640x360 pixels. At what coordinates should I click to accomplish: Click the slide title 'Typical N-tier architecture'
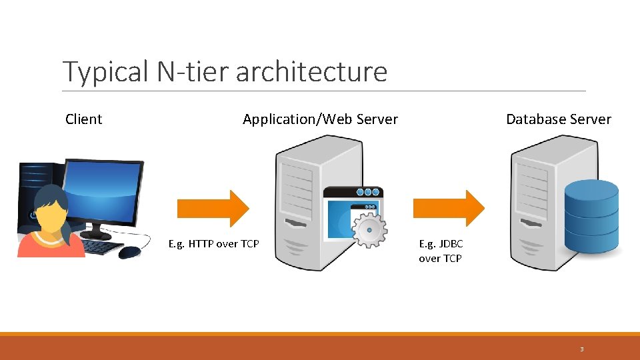(225, 71)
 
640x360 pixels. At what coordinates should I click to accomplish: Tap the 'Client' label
(84, 119)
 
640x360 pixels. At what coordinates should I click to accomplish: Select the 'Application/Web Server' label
(320, 119)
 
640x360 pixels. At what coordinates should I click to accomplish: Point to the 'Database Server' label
(558, 119)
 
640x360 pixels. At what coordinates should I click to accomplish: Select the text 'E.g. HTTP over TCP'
(213, 244)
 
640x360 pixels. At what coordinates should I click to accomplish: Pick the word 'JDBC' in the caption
(450, 244)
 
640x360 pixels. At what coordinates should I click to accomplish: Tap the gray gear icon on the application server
(369, 229)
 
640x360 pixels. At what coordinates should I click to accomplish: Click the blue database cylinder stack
(591, 213)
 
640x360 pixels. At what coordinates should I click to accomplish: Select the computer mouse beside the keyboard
(130, 252)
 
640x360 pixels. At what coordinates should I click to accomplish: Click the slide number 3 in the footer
(581, 349)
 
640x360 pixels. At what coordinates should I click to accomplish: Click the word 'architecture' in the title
(311, 71)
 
